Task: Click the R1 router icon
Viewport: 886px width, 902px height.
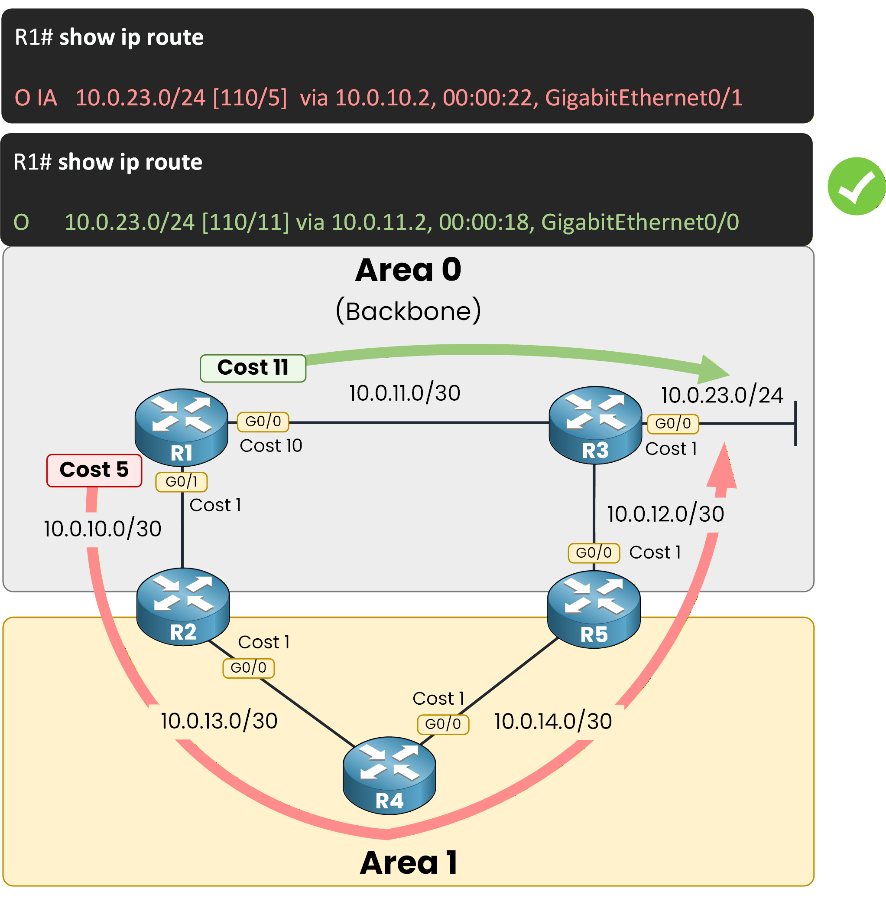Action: pyautogui.click(x=181, y=427)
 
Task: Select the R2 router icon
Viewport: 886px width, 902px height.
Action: pyautogui.click(x=183, y=606)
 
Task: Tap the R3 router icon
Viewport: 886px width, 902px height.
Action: pyautogui.click(x=595, y=424)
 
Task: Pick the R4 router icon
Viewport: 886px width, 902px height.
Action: pyautogui.click(x=389, y=775)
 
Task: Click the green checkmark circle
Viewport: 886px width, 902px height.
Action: pyautogui.click(x=856, y=186)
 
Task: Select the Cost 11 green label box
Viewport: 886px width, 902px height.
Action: pyautogui.click(x=253, y=368)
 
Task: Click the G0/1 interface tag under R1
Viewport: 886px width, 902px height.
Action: pyautogui.click(x=182, y=481)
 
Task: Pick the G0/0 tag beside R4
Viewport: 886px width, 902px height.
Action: pyautogui.click(x=442, y=724)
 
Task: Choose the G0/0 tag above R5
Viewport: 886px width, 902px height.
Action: pyautogui.click(x=593, y=553)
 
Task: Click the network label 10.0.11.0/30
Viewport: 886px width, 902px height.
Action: pyautogui.click(x=404, y=393)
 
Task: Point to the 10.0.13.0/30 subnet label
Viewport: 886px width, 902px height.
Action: pyautogui.click(x=219, y=721)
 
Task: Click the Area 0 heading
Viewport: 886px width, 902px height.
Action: pyautogui.click(x=408, y=270)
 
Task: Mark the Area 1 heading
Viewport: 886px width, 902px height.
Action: pyautogui.click(x=409, y=863)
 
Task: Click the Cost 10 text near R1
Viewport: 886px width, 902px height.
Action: pyautogui.click(x=271, y=446)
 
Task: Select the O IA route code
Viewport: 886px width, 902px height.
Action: pyautogui.click(x=36, y=98)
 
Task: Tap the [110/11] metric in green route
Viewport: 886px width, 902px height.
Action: pyautogui.click(x=245, y=222)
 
